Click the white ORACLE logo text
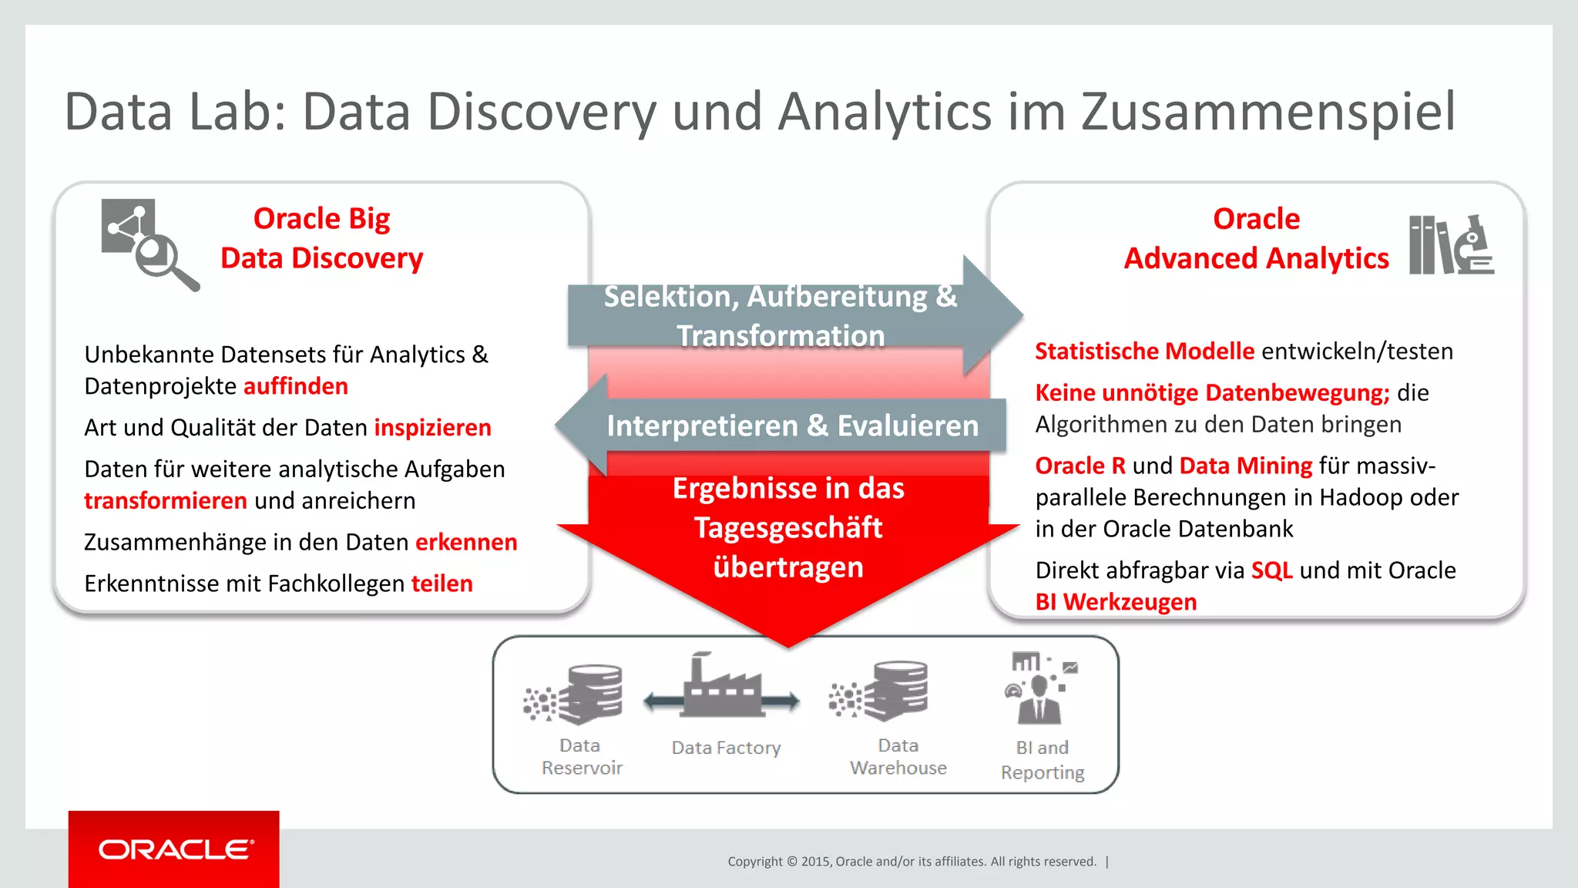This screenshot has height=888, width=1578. (x=176, y=849)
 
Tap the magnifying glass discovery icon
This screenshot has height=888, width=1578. (x=149, y=244)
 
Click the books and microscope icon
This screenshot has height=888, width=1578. (x=1451, y=245)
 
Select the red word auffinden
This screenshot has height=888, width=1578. (x=296, y=386)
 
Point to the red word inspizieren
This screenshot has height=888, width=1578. (x=432, y=428)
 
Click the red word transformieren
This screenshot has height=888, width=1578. (x=166, y=501)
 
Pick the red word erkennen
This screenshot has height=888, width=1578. (x=466, y=543)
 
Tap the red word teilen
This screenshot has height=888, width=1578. (x=442, y=584)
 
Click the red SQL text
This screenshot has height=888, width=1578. (x=1271, y=570)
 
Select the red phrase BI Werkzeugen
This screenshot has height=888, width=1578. (x=1116, y=602)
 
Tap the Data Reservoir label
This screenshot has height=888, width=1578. (x=581, y=756)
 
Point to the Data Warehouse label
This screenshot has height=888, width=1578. (x=898, y=756)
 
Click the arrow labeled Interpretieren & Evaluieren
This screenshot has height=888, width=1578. (x=792, y=425)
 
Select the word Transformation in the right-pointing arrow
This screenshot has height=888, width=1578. (x=781, y=336)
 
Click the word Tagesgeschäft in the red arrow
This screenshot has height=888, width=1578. (x=788, y=528)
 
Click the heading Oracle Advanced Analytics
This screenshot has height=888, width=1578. (x=1256, y=239)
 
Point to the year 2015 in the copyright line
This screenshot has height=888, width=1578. (x=814, y=862)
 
